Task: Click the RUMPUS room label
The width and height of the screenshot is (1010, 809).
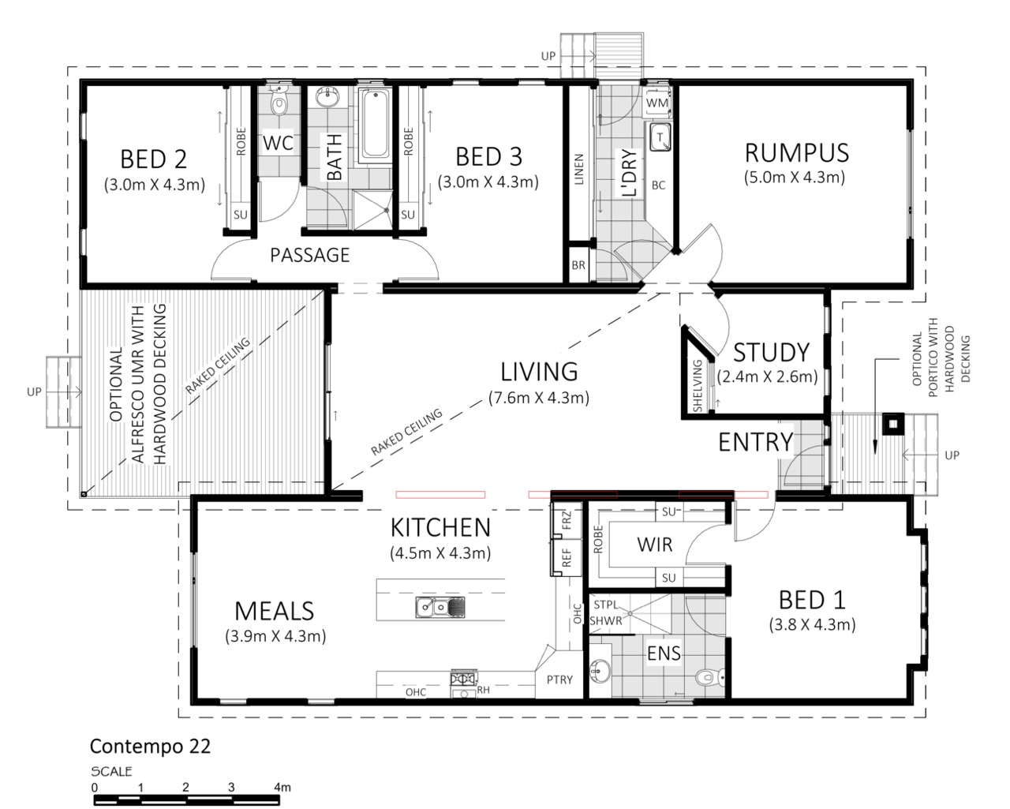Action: point(797,152)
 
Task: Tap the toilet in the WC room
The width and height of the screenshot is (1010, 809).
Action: point(279,100)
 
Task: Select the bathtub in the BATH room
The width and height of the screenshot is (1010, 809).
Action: point(376,124)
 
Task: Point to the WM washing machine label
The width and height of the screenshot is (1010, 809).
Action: point(657,103)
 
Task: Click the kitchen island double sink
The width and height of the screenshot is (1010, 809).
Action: point(440,607)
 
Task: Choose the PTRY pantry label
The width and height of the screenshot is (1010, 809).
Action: point(559,680)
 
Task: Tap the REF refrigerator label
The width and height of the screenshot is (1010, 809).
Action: point(566,558)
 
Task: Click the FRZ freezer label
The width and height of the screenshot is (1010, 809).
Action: point(567,520)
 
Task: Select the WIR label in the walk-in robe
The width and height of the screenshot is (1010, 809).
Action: point(655,545)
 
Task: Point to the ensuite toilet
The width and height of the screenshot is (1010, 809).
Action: point(708,676)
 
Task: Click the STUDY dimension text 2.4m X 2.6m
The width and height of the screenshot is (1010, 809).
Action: point(767,376)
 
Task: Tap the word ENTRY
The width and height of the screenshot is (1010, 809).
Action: point(756,442)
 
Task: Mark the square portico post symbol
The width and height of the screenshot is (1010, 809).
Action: point(893,425)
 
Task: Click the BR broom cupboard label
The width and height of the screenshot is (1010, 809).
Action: point(578,265)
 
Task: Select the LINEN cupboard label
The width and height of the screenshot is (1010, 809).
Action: point(579,169)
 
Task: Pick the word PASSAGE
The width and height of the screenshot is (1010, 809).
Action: point(310,255)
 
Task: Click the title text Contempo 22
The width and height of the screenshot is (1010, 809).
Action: point(150,747)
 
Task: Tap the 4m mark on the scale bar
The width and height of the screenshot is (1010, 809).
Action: point(282,788)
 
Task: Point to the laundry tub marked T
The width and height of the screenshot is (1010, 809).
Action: point(660,137)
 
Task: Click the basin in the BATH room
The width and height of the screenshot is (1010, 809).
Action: point(326,98)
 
